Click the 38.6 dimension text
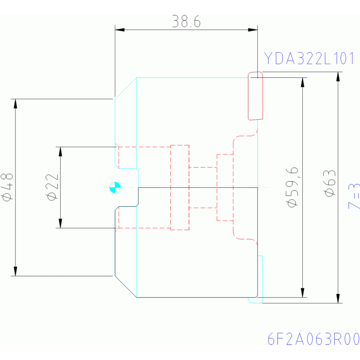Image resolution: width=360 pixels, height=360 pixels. coord(186,22)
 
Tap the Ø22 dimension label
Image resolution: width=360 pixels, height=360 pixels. coord(53,187)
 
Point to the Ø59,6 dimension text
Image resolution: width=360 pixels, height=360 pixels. coord(292,187)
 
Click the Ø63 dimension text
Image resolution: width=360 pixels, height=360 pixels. coord(330,187)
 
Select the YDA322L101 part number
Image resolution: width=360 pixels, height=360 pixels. coord(309,59)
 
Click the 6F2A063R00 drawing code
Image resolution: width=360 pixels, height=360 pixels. coord(313,339)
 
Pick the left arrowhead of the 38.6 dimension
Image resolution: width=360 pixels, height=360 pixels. coord(120,30)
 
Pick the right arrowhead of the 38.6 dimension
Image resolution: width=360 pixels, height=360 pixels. coord(253,30)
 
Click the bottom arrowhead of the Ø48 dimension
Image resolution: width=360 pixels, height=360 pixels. coord(15,271)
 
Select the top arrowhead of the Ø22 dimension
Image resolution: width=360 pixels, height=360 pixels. coord(60,151)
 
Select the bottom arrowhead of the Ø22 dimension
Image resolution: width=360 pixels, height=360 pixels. coord(60,223)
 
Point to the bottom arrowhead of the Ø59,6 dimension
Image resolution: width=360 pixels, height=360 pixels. coord(303,292)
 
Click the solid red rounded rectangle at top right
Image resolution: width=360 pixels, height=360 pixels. coord(255,95)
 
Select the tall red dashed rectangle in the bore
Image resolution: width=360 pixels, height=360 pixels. coord(180,187)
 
